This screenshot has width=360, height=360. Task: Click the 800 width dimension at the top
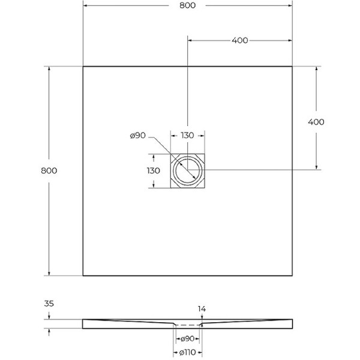tap(187, 5)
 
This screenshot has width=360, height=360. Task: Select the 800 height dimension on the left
tap(49, 170)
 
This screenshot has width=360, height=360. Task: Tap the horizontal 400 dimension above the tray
tap(239, 40)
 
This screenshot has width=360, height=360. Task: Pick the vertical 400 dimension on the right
tap(316, 122)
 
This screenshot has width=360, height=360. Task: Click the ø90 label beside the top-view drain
tap(138, 136)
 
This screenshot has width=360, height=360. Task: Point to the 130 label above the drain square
tap(187, 136)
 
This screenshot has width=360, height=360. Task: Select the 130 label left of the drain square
tap(154, 170)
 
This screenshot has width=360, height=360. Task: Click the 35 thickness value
tap(49, 304)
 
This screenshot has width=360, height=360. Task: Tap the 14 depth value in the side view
tap(202, 309)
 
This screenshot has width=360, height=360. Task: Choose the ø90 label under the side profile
tap(188, 339)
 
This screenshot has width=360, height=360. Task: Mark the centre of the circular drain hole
tap(188, 170)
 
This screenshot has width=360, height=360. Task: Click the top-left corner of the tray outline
tap(83, 66)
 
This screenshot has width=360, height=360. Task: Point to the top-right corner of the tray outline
tap(292, 66)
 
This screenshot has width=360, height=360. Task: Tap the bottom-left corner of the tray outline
tap(83, 275)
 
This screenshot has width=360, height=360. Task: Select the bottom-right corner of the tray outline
tap(292, 275)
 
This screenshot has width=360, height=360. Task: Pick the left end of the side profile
tap(83, 324)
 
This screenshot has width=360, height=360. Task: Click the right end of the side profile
tap(292, 324)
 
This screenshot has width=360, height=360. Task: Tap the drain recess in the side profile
tap(188, 325)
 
